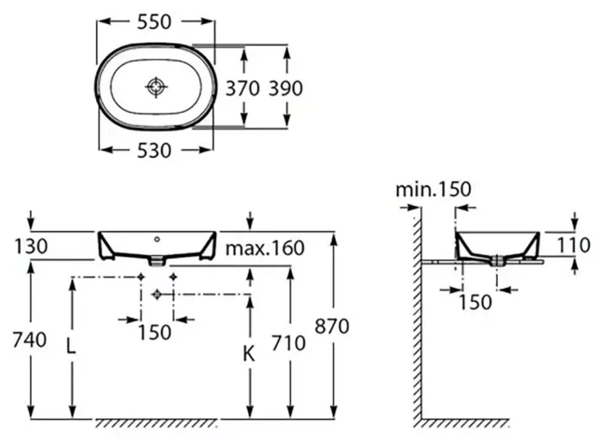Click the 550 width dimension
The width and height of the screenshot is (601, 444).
pyautogui.click(x=155, y=24)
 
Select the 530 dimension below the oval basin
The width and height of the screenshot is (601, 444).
pyautogui.click(x=155, y=150)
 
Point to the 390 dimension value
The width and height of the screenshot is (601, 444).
pyautogui.click(x=286, y=88)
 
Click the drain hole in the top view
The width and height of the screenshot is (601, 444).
pyautogui.click(x=155, y=87)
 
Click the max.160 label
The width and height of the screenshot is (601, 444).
pyautogui.click(x=265, y=249)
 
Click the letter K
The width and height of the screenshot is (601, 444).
pyautogui.click(x=248, y=352)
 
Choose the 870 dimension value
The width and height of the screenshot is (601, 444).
pyautogui.click(x=335, y=326)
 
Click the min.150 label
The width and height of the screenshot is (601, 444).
pyautogui.click(x=434, y=189)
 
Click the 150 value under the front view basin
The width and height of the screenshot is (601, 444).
pyautogui.click(x=155, y=331)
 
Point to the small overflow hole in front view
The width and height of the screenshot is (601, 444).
pyautogui.click(x=157, y=238)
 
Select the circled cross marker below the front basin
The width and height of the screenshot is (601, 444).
pyautogui.click(x=156, y=294)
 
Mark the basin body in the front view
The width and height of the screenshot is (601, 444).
pyautogui.click(x=157, y=246)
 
